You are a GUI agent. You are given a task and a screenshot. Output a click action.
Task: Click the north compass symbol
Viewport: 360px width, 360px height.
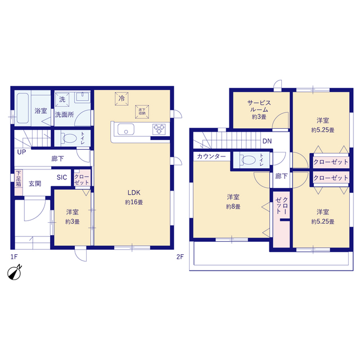(x=15, y=273)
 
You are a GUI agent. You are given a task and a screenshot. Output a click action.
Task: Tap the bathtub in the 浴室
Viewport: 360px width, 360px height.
(x=22, y=108)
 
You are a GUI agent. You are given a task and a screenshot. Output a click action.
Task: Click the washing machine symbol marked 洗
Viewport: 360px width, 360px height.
(x=62, y=100)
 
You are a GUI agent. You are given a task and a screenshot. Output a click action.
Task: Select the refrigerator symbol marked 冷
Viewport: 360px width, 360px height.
(x=121, y=99)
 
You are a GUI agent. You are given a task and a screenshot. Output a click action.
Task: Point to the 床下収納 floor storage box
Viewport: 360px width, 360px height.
(x=142, y=112)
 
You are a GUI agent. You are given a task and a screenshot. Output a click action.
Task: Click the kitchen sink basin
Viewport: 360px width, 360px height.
(x=126, y=129)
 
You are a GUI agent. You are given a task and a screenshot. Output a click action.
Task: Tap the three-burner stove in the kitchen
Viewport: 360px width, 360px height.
(x=159, y=129)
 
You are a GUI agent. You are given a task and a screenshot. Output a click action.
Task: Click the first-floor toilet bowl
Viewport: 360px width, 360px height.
(x=69, y=138)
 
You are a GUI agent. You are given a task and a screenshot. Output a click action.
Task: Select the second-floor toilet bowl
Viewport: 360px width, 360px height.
(x=248, y=160)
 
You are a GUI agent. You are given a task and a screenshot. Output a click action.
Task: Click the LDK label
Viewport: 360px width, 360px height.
(x=134, y=192)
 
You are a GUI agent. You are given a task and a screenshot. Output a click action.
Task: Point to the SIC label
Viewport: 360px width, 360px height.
(x=62, y=177)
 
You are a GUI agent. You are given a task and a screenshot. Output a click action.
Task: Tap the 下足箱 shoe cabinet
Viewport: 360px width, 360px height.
(x=19, y=182)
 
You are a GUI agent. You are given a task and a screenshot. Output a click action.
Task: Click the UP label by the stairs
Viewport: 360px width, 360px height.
(x=21, y=152)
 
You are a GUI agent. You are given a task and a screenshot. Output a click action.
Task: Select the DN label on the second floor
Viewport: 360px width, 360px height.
(x=267, y=141)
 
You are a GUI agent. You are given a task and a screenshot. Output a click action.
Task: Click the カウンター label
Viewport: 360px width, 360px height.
(x=211, y=156)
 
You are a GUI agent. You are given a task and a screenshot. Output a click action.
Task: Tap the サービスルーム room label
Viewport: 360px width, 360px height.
(x=259, y=106)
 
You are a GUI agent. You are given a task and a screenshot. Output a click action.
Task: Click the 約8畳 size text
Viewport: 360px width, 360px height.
(x=233, y=206)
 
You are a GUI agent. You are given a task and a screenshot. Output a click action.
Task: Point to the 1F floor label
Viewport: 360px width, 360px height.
(x=14, y=256)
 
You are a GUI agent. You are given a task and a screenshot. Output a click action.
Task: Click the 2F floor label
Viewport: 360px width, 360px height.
(x=180, y=256)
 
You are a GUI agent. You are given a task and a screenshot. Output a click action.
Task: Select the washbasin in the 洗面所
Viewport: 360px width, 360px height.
(x=82, y=97)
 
